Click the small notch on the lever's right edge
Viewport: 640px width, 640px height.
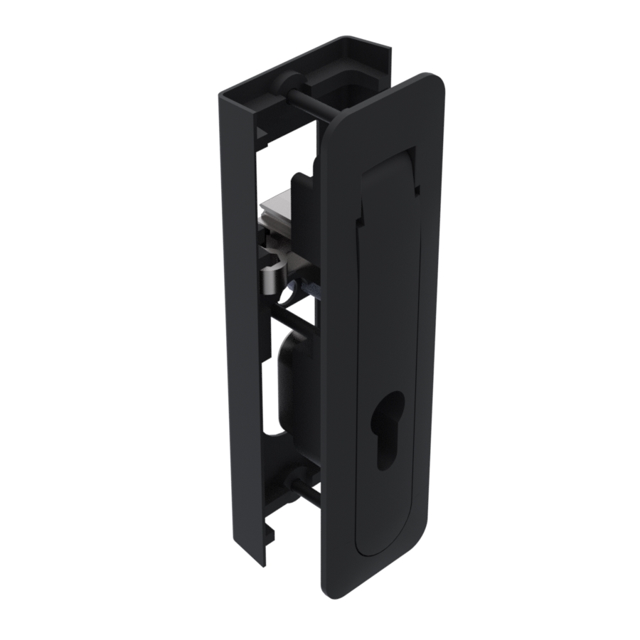coord(417,191)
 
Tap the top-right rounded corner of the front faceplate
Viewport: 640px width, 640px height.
coord(435,82)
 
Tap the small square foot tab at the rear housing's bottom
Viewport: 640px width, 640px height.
coord(271,529)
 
